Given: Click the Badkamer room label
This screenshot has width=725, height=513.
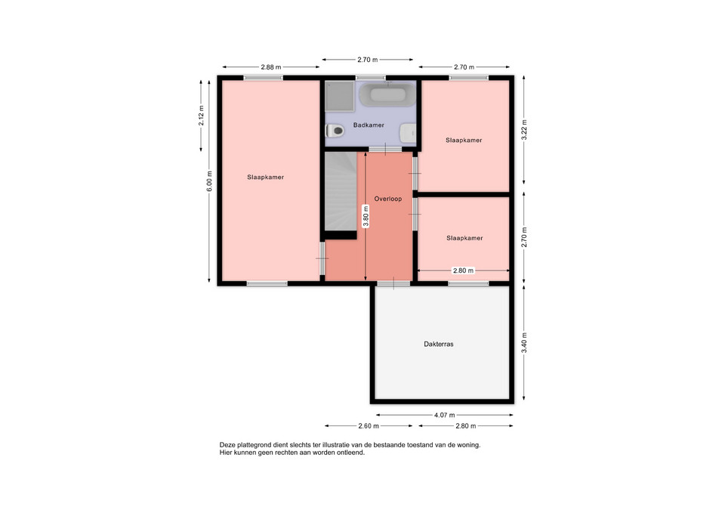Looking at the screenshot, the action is (369, 125).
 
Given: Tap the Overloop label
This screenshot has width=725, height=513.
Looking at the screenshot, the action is (388, 199).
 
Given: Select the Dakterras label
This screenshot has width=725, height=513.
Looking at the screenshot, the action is (438, 345).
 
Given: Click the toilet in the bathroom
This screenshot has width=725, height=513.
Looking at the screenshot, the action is (335, 131).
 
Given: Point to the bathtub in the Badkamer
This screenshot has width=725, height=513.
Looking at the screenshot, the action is (387, 94).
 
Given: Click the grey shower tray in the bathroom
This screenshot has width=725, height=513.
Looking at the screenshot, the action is (339, 96).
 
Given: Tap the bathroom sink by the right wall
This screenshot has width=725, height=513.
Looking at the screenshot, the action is (408, 134).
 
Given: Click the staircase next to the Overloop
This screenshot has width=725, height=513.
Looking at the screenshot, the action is (341, 191).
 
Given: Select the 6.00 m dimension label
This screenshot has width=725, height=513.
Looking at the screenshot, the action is (209, 181).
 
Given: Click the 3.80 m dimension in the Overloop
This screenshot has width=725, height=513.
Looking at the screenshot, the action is (366, 216).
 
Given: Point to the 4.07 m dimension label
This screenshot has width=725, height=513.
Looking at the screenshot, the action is (444, 415).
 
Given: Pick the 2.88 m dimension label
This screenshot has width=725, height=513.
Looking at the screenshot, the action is (271, 67).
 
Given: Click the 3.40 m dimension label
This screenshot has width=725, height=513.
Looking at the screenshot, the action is (524, 343).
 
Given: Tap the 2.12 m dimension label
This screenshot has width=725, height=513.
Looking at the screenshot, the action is (201, 116).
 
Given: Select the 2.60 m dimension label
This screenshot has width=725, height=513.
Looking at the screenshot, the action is (369, 425).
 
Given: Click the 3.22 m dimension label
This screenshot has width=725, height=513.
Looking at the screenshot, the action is (524, 130).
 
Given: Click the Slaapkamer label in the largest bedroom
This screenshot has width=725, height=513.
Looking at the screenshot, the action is (265, 177).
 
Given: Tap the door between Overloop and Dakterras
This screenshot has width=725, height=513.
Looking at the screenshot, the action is (393, 283).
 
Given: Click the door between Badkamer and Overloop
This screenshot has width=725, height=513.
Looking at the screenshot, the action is (385, 149).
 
